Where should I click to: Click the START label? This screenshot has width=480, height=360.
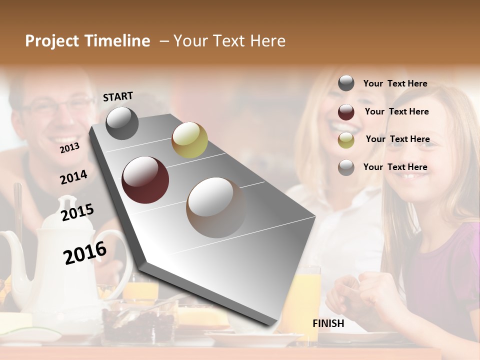point(118,96)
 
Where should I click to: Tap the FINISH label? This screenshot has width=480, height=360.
point(328,323)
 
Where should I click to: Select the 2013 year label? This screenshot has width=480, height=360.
point(69,147)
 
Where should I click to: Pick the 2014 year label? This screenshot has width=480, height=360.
point(73,177)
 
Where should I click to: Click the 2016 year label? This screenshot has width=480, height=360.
point(85,252)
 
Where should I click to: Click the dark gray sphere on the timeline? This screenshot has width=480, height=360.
point(122,123)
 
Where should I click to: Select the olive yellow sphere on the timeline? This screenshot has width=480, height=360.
point(189,140)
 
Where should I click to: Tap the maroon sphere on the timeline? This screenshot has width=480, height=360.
point(145,180)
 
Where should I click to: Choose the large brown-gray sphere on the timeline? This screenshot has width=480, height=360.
point(216,207)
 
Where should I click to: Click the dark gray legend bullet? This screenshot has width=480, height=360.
point(346,83)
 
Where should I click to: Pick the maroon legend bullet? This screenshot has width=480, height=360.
point(346,111)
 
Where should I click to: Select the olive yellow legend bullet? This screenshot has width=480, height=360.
point(346,139)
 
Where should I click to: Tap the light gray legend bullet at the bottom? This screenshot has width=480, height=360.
point(346,167)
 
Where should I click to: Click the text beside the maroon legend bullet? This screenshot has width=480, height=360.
point(396,111)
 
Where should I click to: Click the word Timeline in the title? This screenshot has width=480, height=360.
point(118,41)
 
